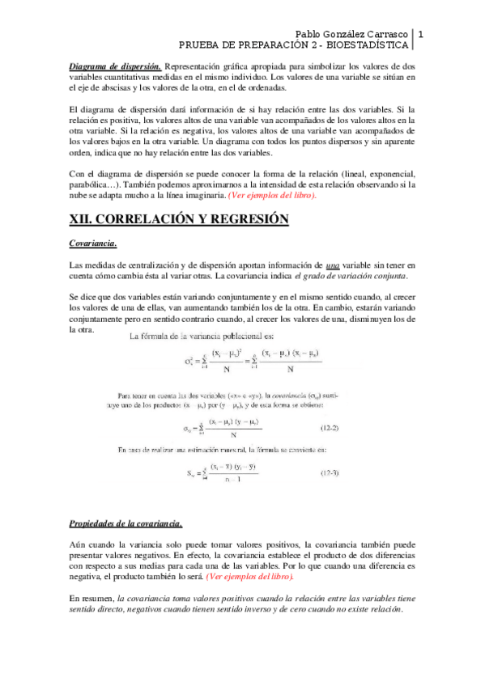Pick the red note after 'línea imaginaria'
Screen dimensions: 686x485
pyautogui.click(x=272, y=196)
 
